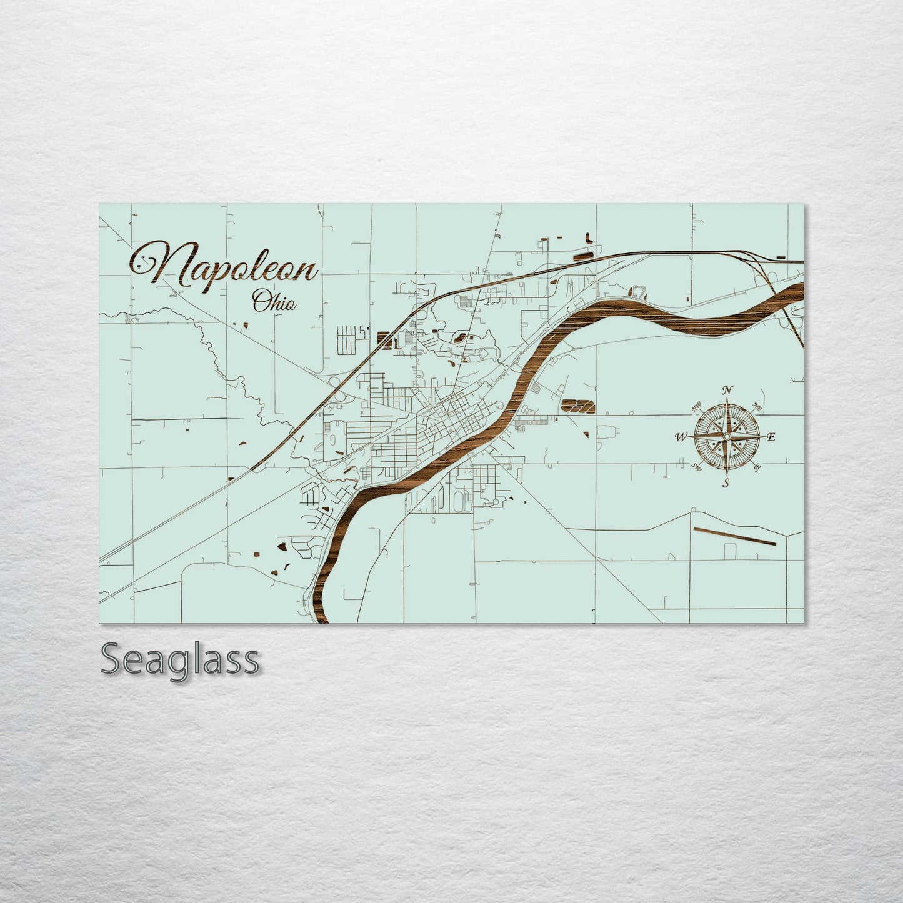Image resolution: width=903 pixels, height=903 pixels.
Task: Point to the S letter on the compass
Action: tap(726, 482)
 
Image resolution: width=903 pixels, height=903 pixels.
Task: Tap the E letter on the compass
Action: tap(771, 437)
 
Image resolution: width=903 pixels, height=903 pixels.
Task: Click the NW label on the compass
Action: tap(695, 410)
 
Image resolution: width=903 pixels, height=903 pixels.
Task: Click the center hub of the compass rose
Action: tap(727, 436)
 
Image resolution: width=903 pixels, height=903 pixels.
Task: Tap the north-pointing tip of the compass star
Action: tap(727, 401)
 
